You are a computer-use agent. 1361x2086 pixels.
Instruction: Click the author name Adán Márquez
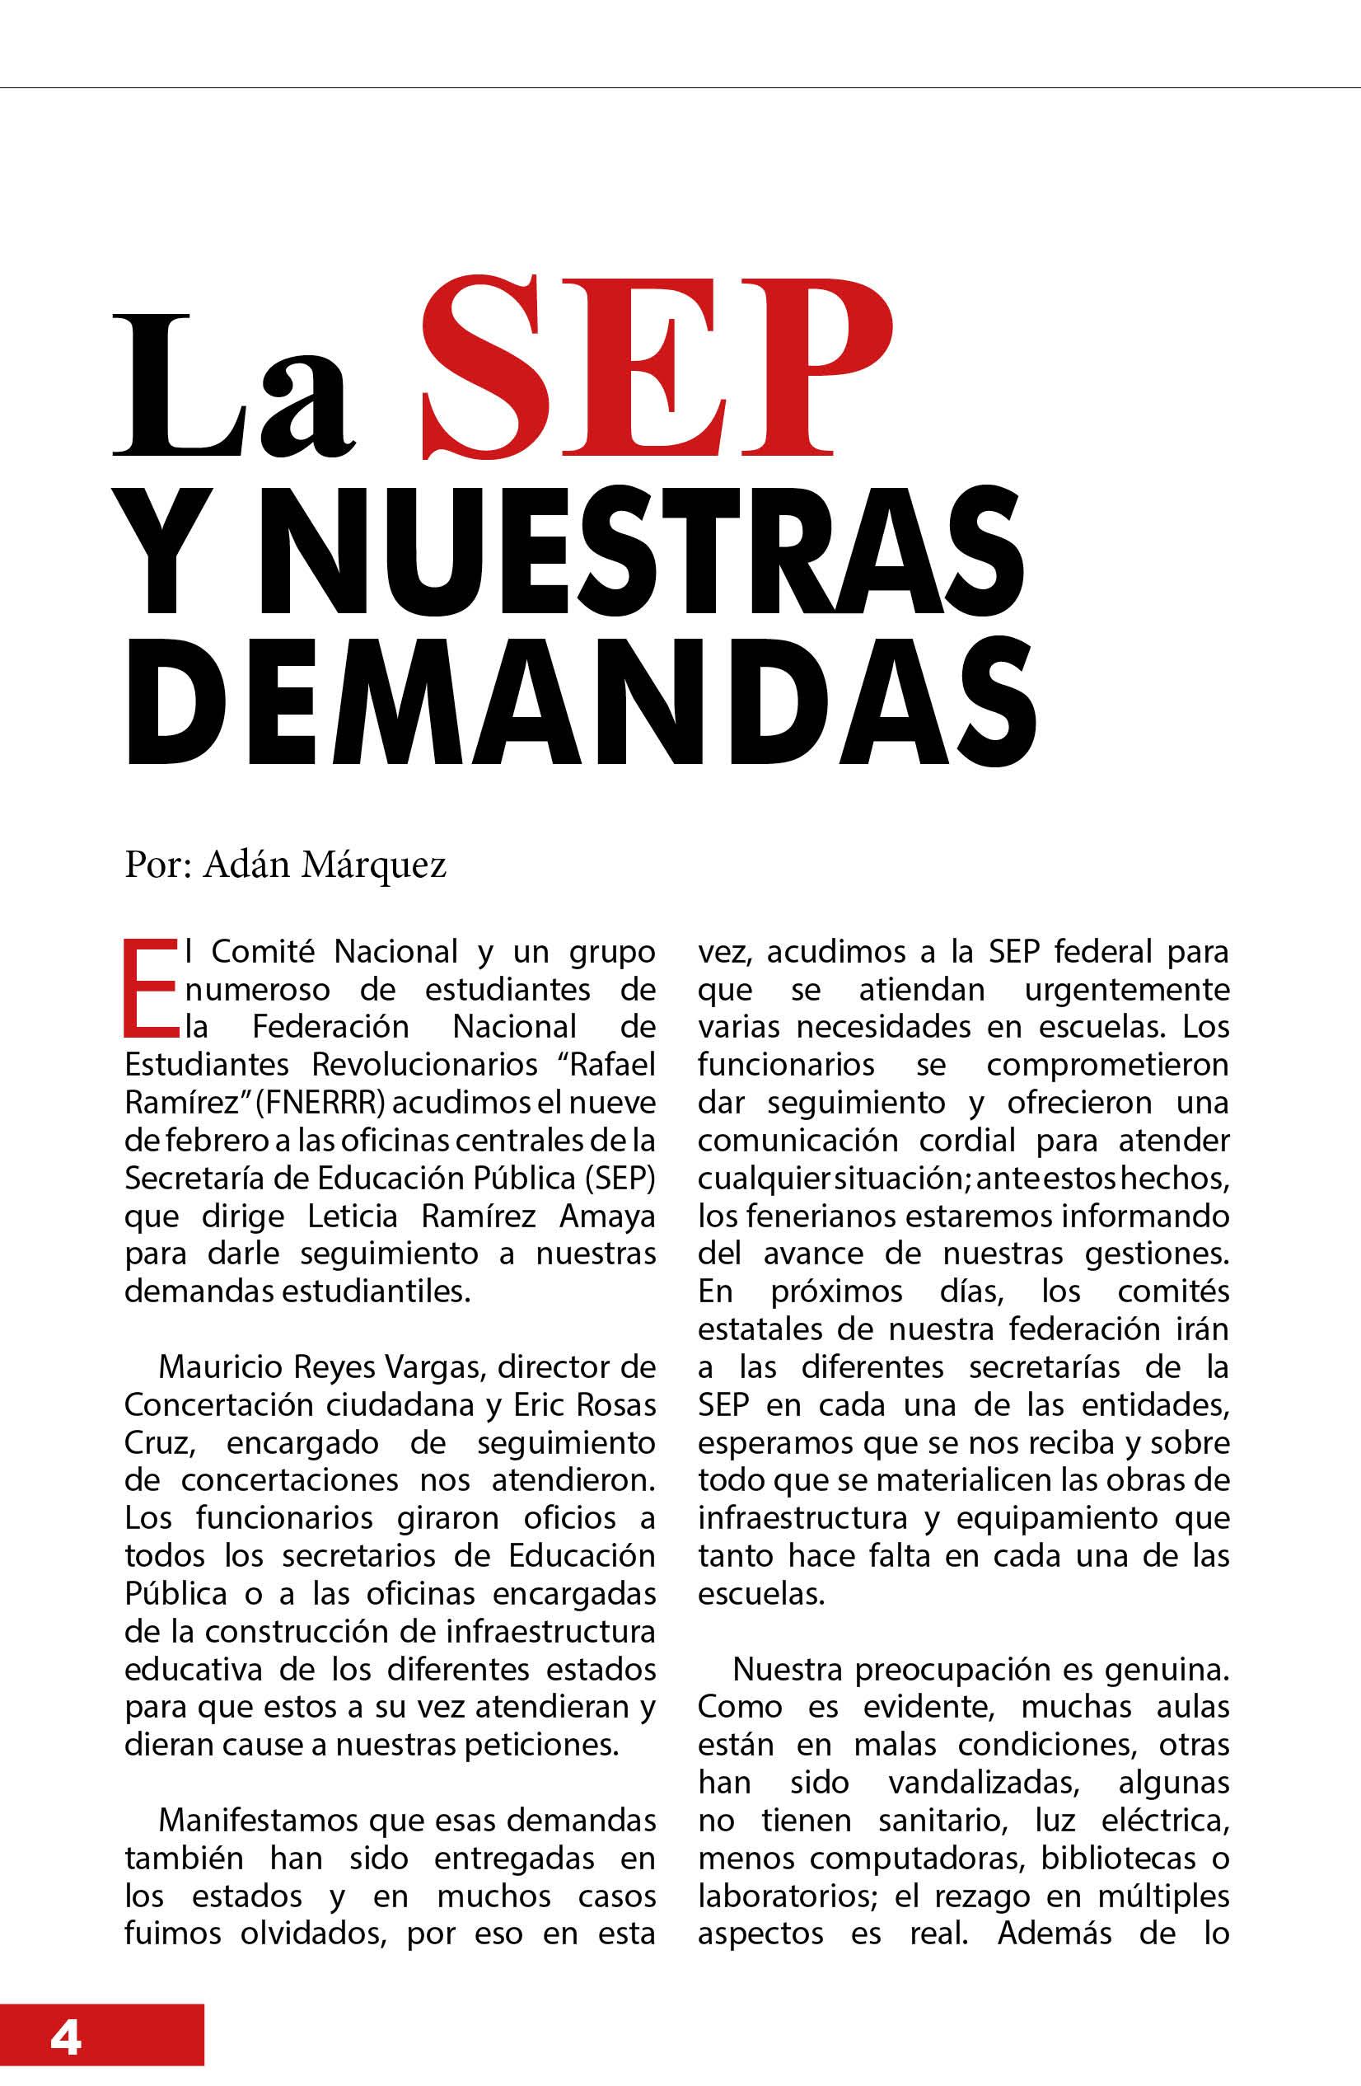325,865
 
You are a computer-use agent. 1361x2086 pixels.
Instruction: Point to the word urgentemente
1126,990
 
